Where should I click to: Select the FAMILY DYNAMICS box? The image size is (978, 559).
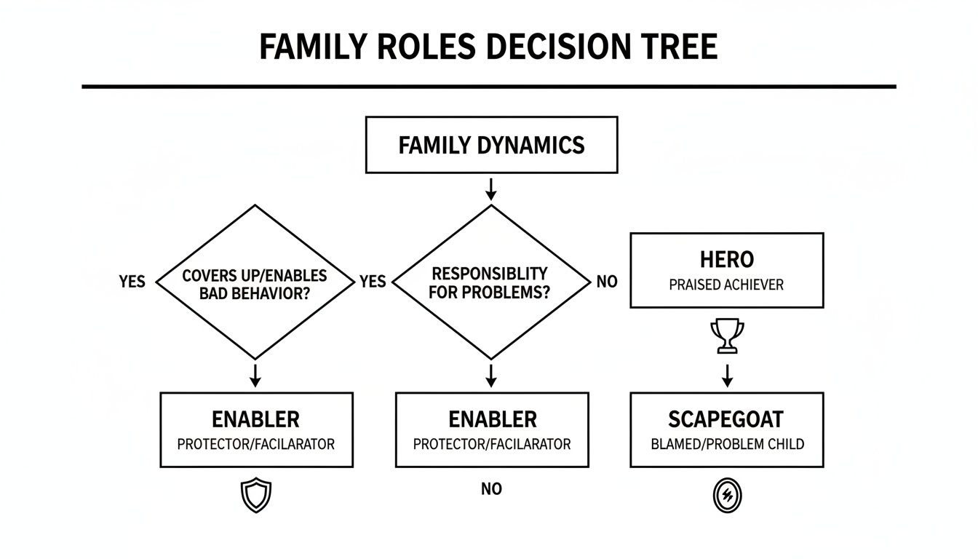(491, 145)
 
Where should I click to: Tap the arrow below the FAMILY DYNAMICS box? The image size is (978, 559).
(491, 189)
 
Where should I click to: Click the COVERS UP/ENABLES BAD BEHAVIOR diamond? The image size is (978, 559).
(255, 282)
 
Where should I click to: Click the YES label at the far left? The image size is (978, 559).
(132, 282)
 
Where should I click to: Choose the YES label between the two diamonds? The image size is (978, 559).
(373, 282)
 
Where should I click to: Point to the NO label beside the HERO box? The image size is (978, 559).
(606, 282)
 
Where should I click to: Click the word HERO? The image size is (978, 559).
(726, 260)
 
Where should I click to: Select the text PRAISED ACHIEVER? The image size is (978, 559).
(726, 285)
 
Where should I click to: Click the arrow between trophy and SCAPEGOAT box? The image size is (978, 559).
(726, 374)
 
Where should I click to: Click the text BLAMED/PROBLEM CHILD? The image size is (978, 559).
(726, 443)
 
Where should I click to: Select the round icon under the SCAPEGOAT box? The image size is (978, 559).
(726, 497)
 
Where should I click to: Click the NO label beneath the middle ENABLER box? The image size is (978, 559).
(491, 489)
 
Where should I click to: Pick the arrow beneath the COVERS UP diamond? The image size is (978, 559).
(255, 374)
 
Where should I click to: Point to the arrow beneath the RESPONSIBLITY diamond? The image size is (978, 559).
(491, 374)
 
